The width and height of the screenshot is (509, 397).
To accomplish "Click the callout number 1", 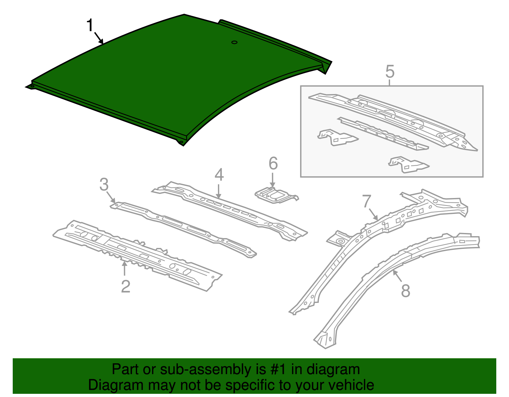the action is pos(90,25).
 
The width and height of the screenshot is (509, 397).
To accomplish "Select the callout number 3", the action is pos(104,184).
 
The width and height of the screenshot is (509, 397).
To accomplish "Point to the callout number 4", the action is pos(219,175).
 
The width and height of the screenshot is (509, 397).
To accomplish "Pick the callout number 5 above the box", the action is pos(390,72).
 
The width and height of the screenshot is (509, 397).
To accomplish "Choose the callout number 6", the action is pos(273,163).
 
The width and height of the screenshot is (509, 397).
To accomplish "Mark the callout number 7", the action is pos(366,201).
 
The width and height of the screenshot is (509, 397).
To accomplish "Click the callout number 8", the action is pos(406,291).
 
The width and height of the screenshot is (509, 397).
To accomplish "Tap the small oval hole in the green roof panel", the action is pos(234,42).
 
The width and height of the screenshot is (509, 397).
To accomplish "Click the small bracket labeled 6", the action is pos(277,195).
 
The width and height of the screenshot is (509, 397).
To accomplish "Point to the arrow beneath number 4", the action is pos(219,191).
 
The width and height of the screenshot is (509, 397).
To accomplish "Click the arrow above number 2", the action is pos(124,269).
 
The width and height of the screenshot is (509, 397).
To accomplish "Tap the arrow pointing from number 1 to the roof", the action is pos(99,38).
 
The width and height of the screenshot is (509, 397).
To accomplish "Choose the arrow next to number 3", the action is pos(111,197).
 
